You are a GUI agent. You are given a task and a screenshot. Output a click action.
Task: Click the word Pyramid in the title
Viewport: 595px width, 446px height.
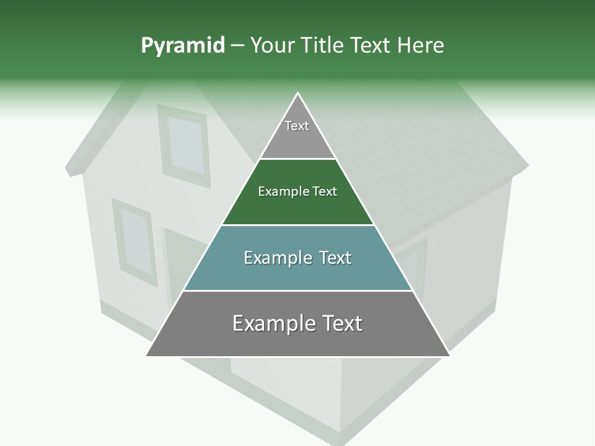coord(182,46)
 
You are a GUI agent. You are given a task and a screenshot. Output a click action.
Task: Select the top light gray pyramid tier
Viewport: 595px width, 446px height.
coord(297,133)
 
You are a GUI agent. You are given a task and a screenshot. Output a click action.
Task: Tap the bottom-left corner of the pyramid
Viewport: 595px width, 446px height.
coord(147,356)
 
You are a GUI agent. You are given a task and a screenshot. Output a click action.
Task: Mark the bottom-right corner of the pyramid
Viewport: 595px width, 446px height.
coord(449,356)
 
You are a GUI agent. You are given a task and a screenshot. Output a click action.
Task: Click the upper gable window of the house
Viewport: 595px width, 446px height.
coord(184,145)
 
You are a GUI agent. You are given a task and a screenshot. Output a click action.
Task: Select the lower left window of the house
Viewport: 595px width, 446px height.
coord(135,240)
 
